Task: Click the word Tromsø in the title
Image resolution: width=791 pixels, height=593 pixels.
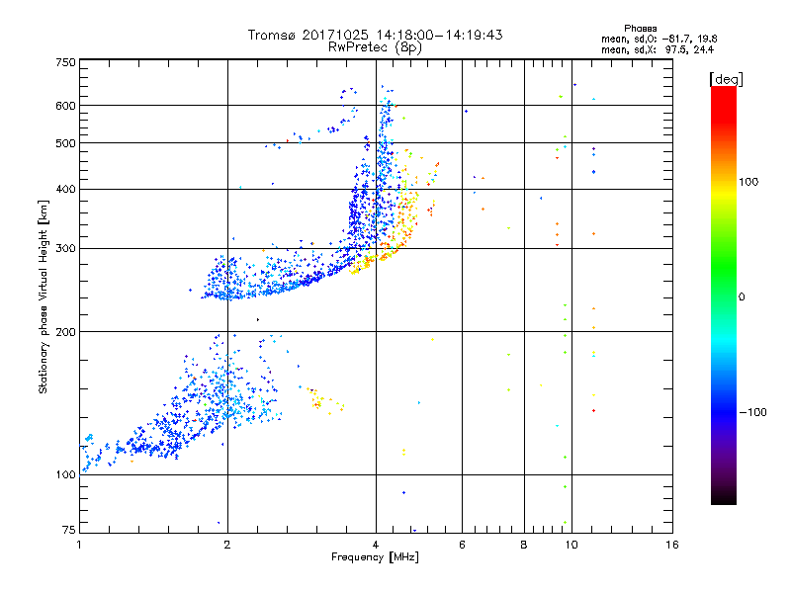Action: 271,35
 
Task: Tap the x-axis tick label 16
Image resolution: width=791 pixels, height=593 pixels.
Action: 672,545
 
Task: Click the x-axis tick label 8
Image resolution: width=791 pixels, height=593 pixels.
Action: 524,545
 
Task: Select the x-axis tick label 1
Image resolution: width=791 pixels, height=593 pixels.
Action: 79,545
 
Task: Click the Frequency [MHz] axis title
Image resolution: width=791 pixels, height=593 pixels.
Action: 376,557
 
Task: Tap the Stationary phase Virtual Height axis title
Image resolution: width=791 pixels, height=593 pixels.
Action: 44,297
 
